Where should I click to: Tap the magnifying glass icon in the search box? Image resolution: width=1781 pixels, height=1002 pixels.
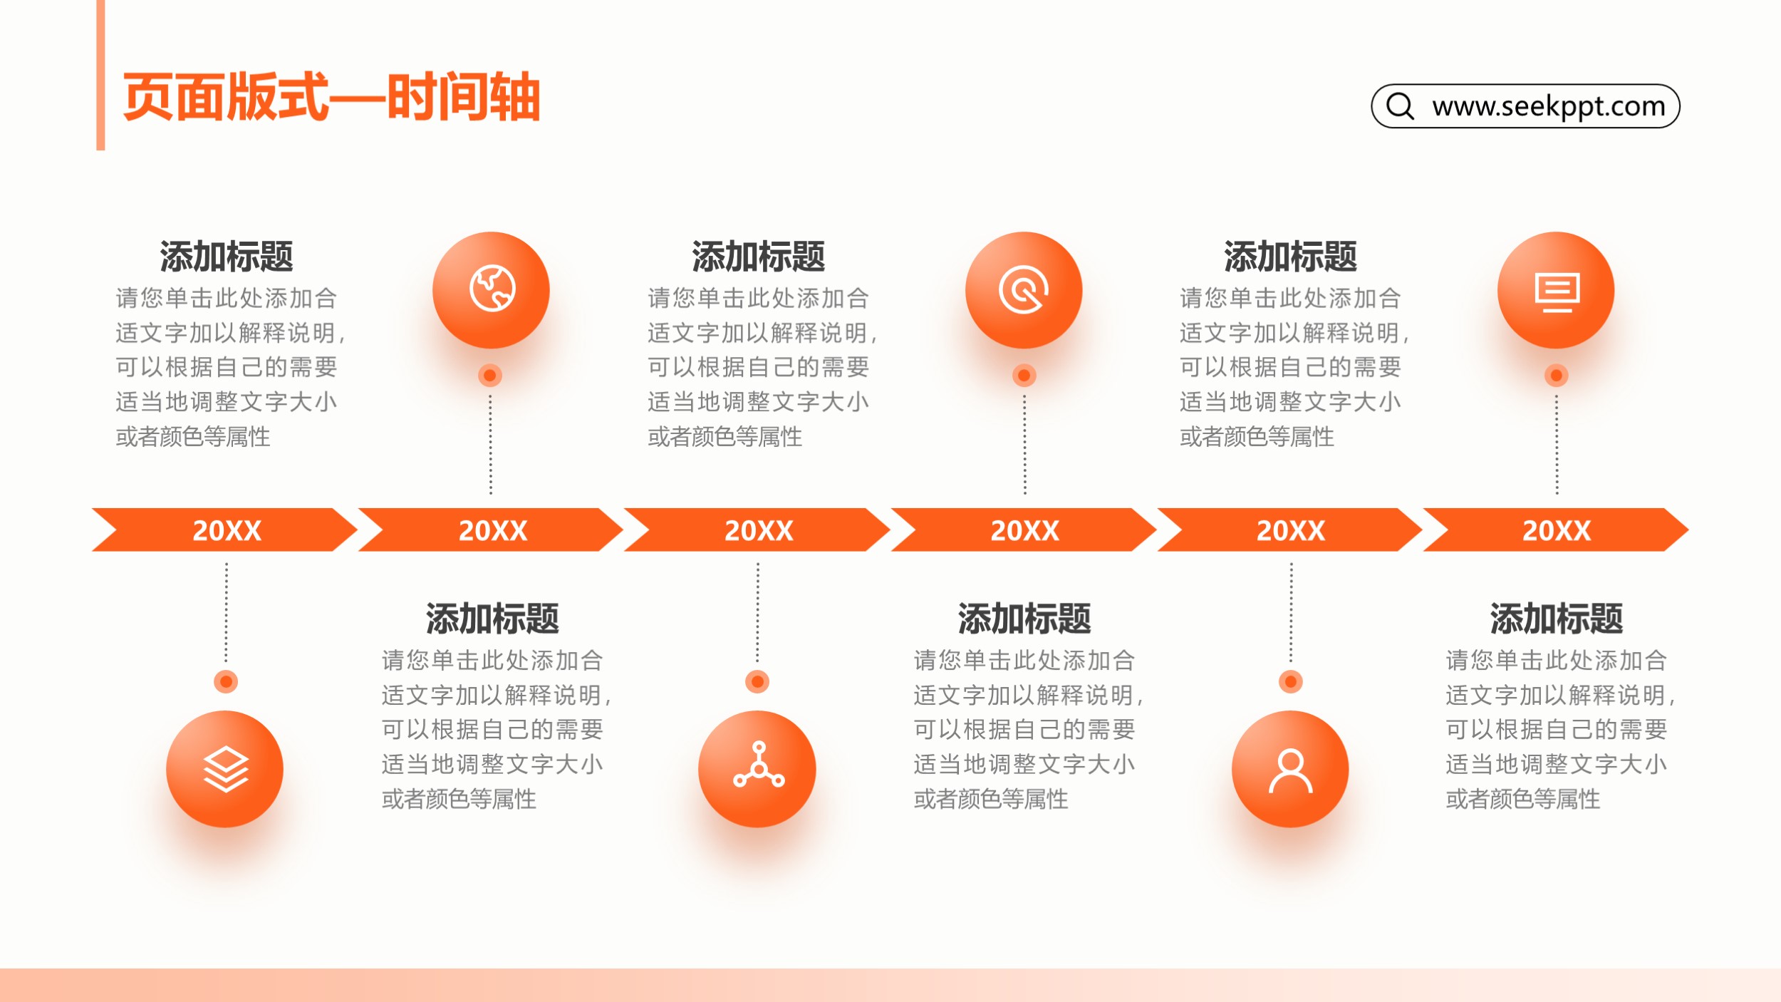[x=1400, y=105]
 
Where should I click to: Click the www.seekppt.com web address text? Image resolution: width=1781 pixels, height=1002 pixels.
[x=1549, y=106]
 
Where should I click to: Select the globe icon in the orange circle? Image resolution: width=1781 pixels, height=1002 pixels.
[x=492, y=289]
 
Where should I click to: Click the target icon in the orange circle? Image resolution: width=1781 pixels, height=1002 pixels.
[x=1024, y=289]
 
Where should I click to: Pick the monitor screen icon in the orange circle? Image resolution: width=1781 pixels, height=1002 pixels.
[x=1557, y=291]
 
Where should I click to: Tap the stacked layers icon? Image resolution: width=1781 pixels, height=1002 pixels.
[x=226, y=770]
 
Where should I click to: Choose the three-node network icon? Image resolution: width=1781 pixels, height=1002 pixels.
[x=758, y=765]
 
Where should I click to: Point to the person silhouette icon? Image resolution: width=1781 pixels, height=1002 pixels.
[x=1290, y=770]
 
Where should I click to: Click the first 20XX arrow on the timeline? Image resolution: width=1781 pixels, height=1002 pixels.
[x=225, y=530]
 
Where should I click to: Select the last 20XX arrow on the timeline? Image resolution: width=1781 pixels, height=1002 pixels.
[x=1556, y=530]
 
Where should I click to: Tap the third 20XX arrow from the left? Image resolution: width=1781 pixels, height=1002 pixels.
[x=757, y=530]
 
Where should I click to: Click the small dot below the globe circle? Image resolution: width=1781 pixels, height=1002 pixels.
[x=490, y=375]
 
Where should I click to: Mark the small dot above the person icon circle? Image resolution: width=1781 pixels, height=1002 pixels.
[x=1290, y=681]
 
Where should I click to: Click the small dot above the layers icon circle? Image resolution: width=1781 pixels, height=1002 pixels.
[x=226, y=681]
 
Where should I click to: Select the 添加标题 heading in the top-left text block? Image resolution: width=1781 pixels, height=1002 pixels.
[x=226, y=257]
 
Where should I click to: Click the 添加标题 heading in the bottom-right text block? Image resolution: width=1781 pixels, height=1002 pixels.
[x=1556, y=619]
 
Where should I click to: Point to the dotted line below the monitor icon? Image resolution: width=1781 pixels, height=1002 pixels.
[x=1557, y=444]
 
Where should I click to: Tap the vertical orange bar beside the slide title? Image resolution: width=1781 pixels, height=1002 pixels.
[x=100, y=75]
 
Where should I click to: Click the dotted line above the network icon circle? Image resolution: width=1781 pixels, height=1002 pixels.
[x=757, y=613]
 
